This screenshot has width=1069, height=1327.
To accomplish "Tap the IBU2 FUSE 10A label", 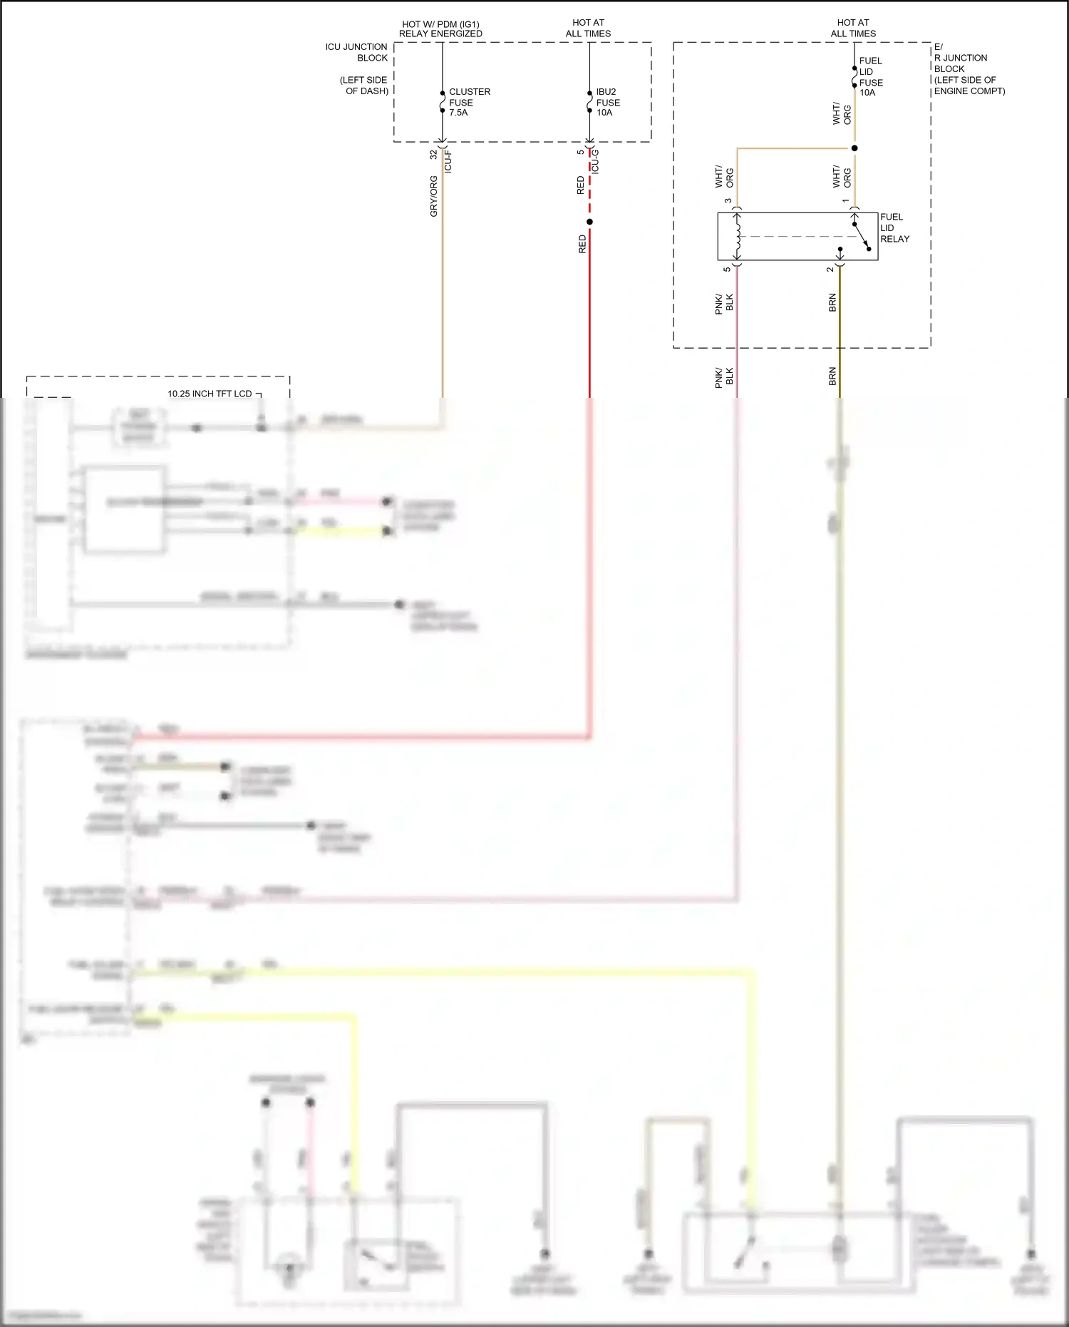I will click(x=607, y=102).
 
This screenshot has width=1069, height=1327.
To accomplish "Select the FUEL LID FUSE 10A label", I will click(x=870, y=76).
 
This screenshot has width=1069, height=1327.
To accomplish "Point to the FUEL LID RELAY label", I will click(x=894, y=227).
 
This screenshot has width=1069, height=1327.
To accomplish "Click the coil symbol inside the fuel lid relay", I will click(x=738, y=236).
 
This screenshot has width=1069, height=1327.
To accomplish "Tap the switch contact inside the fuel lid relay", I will click(x=862, y=236).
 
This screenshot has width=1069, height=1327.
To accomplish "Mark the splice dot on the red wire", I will click(x=589, y=222).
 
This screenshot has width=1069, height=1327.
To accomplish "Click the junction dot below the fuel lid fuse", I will click(x=854, y=148).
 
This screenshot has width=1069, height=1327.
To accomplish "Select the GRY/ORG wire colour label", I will click(x=433, y=196).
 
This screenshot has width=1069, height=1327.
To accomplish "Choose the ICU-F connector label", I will click(x=448, y=162).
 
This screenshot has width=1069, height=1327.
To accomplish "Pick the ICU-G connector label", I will click(x=595, y=162).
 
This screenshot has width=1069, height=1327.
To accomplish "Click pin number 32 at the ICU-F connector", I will click(x=433, y=154).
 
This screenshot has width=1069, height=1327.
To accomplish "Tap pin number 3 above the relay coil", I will click(x=728, y=201).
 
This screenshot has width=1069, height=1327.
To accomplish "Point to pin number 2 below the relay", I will click(x=830, y=270).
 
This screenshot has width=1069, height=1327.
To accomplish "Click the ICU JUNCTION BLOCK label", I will click(x=356, y=52).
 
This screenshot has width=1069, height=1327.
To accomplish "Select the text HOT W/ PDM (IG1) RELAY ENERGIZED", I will click(x=440, y=29).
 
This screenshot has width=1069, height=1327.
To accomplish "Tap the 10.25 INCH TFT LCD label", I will click(x=210, y=394).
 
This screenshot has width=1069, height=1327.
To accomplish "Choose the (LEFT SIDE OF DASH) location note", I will click(x=364, y=86).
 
